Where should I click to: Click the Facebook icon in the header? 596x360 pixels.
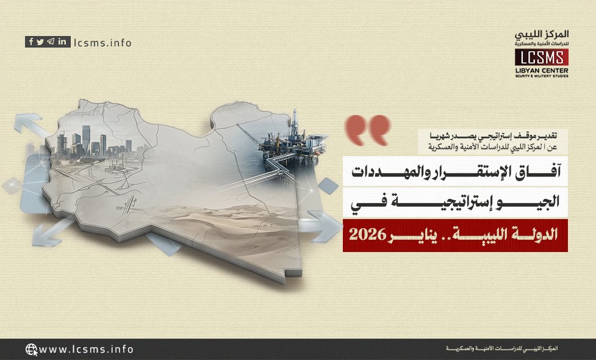click(31, 42)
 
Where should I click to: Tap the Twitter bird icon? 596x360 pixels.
click(40, 42)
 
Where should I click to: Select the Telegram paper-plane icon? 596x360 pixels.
click(51, 42)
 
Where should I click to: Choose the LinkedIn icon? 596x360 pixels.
click(62, 42)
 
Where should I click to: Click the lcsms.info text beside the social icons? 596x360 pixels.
click(102, 43)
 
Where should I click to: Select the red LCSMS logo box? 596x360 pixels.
click(541, 57)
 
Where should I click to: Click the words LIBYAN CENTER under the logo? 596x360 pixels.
click(541, 69)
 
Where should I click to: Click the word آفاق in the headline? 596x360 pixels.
click(544, 171)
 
